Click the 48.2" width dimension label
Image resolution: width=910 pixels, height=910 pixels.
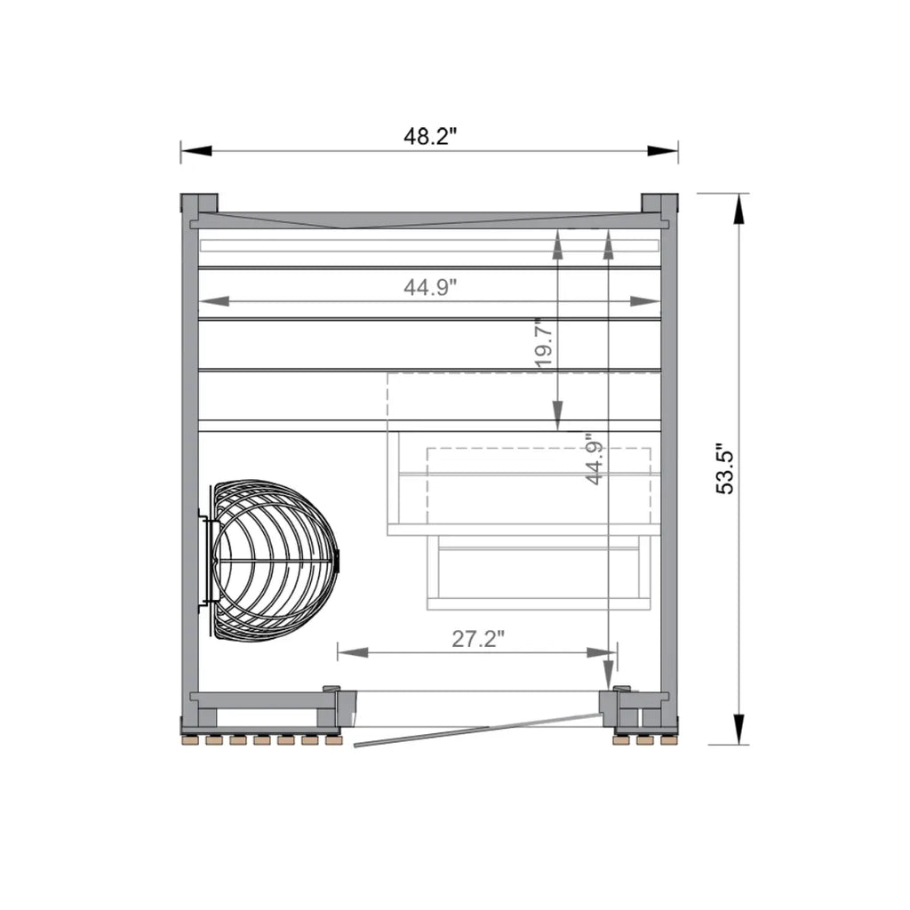430,137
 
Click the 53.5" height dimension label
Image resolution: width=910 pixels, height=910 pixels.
725,468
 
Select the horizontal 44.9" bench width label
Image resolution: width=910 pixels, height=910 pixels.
430,287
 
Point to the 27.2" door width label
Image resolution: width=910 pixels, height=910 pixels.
478,639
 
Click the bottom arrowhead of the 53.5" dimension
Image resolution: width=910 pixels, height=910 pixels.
738,730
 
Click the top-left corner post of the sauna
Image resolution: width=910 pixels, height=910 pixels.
198,204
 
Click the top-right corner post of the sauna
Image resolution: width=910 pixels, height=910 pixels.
659,204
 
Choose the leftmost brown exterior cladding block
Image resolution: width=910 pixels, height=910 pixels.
190,739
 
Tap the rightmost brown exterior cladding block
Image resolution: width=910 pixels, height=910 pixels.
669,739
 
